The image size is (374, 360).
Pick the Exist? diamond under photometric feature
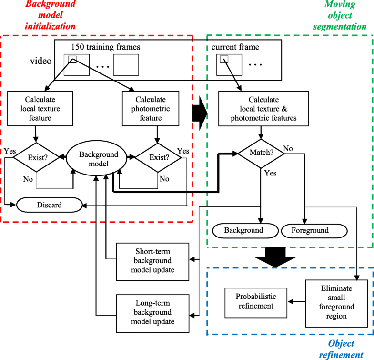(x=153, y=156)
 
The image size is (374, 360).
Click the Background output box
(x=244, y=230)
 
